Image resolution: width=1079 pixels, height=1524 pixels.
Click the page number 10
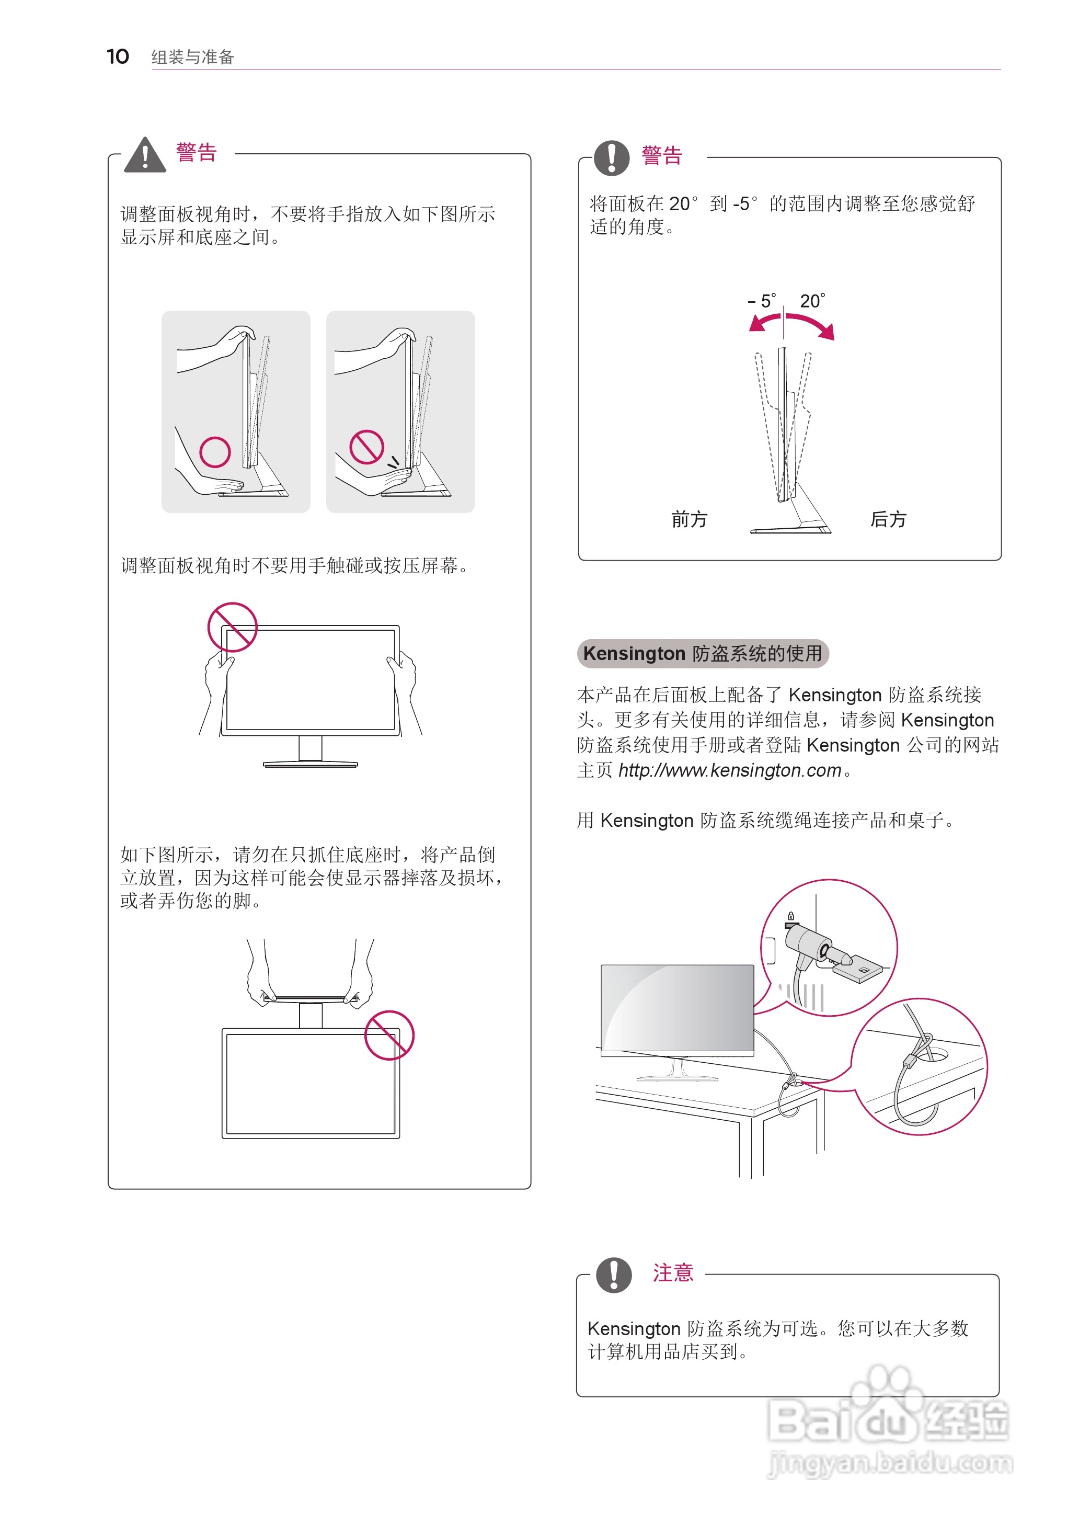coord(118,56)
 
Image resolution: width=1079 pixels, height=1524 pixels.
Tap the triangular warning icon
coord(145,155)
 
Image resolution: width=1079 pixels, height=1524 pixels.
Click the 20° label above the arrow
coord(812,302)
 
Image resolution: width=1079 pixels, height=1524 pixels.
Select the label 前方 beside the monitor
coord(689,519)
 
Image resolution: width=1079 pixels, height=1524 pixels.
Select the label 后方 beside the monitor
coord(888,519)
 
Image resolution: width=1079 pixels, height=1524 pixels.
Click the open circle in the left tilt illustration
coord(215,452)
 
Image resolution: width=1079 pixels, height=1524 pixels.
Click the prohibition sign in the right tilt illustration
coord(368,447)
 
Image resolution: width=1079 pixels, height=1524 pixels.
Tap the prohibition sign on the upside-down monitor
coord(389,1036)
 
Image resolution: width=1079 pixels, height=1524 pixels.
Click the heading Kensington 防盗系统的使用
coord(702,653)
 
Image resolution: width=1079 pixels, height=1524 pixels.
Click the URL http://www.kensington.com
coord(729,770)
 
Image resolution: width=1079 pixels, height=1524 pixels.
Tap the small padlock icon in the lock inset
coord(790,916)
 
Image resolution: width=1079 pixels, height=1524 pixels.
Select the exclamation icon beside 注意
coord(613,1275)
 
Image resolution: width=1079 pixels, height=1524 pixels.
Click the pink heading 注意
coord(672,1273)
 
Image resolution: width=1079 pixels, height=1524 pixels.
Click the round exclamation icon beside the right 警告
coord(611,158)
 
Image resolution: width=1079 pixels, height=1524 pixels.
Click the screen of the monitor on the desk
coord(676,1007)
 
